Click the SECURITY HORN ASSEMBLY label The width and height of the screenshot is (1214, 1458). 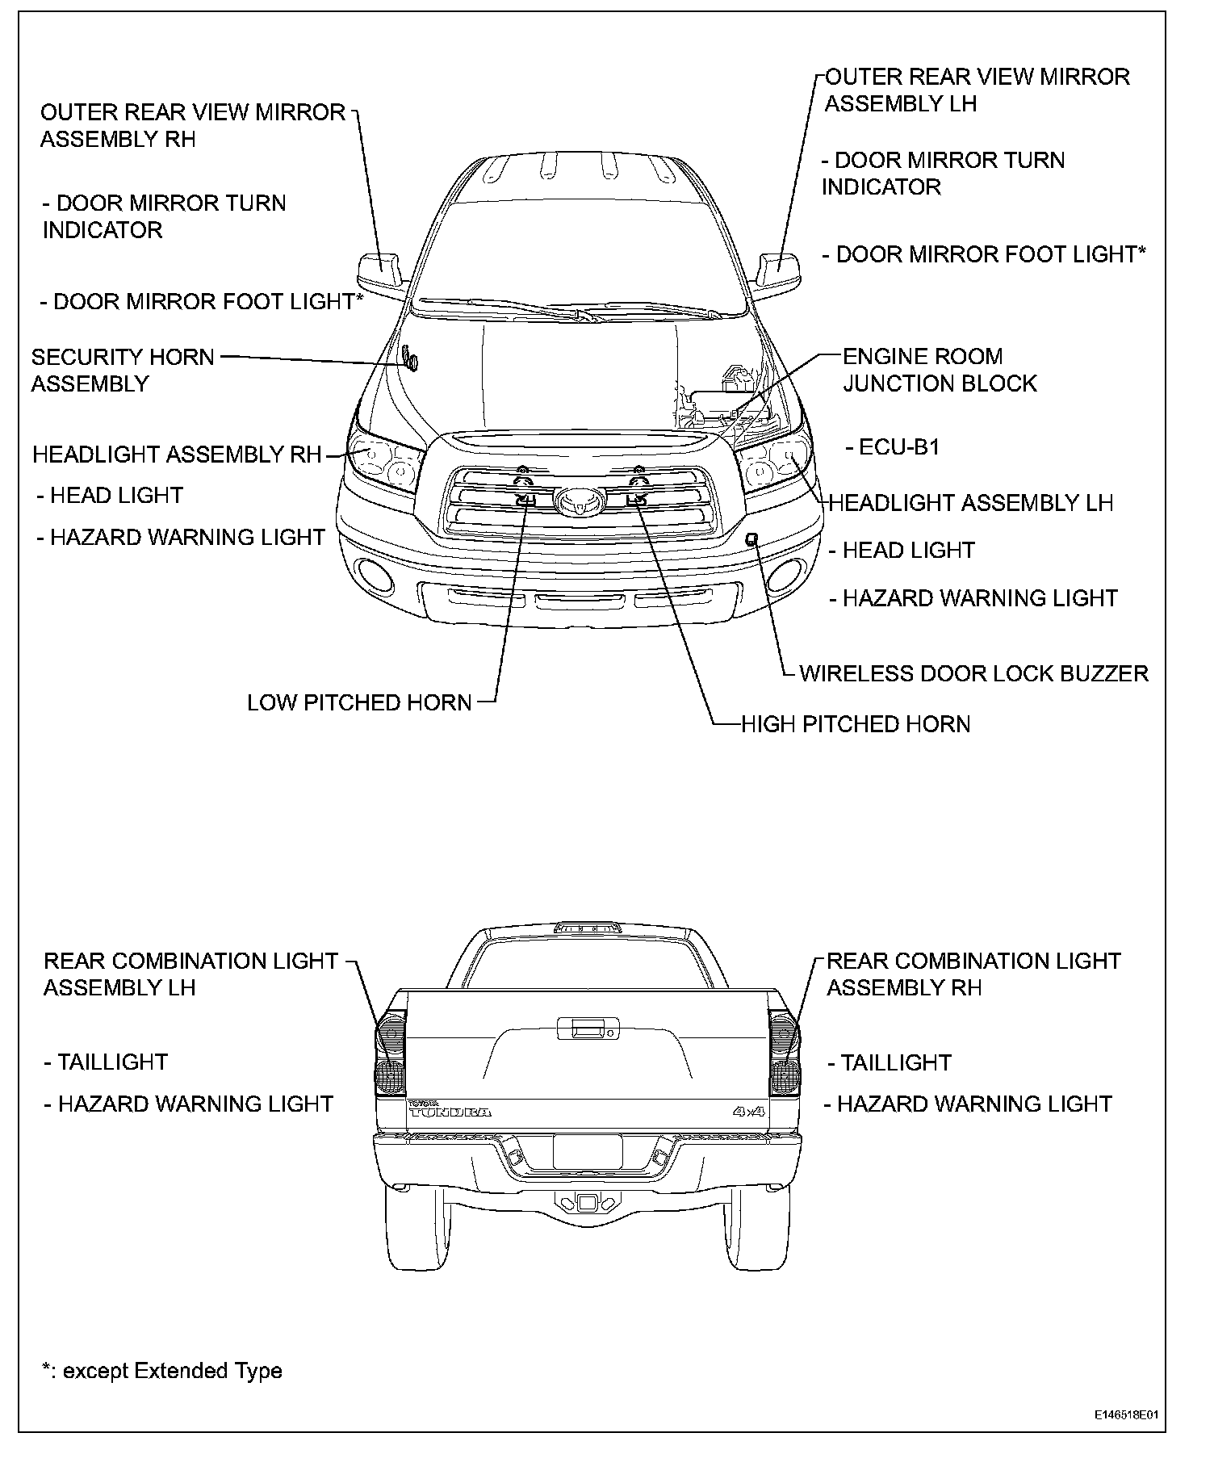[x=123, y=370]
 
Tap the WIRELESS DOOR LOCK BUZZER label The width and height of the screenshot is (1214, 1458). [x=973, y=673]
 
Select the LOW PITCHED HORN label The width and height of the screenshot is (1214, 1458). [x=359, y=702]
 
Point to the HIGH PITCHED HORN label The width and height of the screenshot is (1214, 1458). [x=856, y=724]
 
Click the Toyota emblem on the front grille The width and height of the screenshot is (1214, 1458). [x=579, y=501]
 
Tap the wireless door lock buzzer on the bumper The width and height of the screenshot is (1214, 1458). [x=751, y=538]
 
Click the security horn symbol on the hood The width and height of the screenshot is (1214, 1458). [x=410, y=358]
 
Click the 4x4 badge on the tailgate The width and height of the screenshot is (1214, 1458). [x=748, y=1112]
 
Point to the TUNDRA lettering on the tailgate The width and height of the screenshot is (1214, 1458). [x=450, y=1112]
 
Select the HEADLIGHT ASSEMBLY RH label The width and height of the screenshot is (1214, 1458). [x=177, y=455]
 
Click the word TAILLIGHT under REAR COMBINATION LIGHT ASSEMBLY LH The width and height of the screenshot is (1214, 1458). [x=112, y=1062]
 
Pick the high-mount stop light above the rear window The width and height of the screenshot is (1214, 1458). [x=587, y=928]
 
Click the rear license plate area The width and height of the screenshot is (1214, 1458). [x=587, y=1150]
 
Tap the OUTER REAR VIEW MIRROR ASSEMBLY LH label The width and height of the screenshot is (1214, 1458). [x=977, y=90]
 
